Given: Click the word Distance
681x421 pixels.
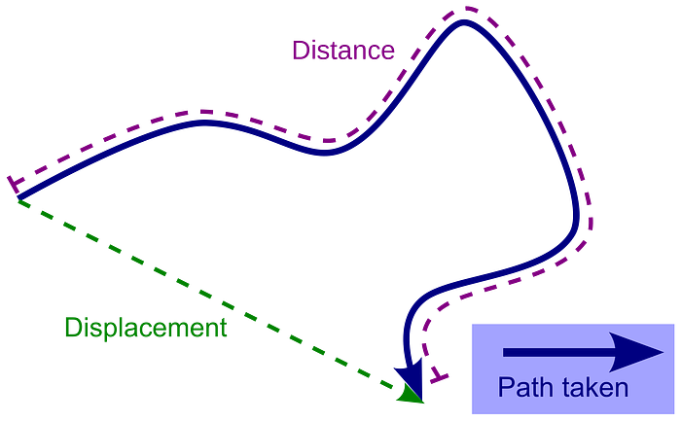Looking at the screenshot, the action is coord(343,51).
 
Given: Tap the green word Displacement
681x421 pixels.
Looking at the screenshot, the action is coord(146,329).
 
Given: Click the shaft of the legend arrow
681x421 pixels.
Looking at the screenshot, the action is coord(556,352).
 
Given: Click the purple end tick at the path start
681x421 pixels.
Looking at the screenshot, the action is coord(14,185).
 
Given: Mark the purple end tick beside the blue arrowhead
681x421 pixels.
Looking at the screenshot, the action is coord(439,376).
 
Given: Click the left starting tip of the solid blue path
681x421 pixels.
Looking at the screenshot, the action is coord(18,198).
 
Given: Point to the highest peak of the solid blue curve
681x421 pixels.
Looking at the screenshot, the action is coord(464,22).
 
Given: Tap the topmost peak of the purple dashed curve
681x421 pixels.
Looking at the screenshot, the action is coord(466,8).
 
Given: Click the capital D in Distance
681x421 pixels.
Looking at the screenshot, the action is coord(301,51).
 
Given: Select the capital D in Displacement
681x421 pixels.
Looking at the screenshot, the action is coord(74,328).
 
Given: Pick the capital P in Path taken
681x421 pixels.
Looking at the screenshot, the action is coord(506,387).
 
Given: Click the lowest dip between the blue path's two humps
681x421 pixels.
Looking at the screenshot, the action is coord(325,153).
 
